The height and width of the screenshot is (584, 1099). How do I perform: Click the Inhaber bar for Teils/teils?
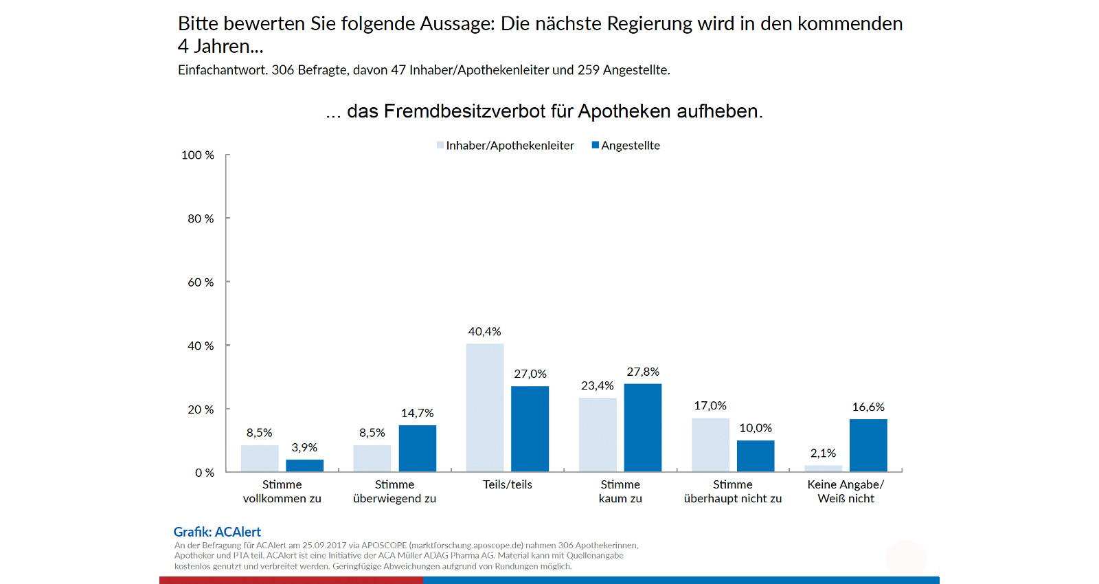484,407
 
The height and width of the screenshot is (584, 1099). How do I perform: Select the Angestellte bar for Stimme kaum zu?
642,427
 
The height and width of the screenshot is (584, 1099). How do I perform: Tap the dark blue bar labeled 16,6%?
868,445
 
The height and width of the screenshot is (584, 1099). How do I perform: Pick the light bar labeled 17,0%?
710,445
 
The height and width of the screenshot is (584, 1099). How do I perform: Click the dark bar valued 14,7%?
417,448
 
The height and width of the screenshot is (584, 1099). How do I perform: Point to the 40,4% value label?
484,332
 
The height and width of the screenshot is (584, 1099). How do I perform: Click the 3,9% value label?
304,448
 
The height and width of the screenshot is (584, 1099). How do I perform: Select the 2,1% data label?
823,453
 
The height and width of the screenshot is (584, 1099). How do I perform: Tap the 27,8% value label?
642,372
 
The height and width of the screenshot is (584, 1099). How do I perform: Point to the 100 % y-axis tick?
198,155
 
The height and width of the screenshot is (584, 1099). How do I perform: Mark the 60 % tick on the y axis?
201,282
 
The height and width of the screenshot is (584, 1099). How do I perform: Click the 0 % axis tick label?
205,473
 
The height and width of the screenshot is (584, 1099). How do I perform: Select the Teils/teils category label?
508,484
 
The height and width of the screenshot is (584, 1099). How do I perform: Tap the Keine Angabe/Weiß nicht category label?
846,491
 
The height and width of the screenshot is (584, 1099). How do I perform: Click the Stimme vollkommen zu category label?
282,491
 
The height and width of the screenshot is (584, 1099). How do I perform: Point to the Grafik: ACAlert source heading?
217,532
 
